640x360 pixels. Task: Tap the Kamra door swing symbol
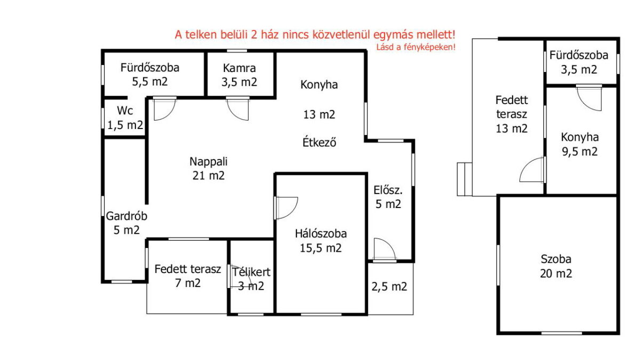click(238, 109)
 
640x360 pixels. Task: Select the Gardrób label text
click(126, 216)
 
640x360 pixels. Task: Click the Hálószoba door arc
click(286, 208)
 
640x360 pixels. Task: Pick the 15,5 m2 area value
click(321, 248)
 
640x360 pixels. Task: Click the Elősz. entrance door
click(385, 250)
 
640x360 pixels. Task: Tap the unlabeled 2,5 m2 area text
click(389, 286)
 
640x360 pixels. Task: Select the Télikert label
click(251, 272)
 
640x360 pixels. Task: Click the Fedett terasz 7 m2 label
click(188, 276)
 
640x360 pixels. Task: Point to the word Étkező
click(319, 142)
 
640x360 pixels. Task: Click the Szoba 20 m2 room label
click(556, 266)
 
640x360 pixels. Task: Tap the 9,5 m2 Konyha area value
click(580, 151)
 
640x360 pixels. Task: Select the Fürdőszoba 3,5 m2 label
click(579, 62)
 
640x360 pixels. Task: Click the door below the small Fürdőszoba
click(589, 98)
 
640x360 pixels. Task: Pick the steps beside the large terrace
click(465, 179)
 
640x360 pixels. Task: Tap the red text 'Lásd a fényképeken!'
click(415, 47)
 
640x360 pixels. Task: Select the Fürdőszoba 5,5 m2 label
click(150, 75)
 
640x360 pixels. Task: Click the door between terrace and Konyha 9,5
click(533, 170)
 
